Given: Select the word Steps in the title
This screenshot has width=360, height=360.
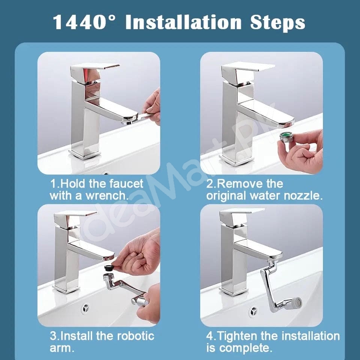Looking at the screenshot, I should click(x=277, y=22).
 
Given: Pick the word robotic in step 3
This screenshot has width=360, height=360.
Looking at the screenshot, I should click(x=133, y=335).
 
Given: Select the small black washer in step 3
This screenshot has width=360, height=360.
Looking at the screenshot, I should click(x=109, y=268).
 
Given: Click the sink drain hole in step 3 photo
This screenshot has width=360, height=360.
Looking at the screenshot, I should click(x=86, y=308).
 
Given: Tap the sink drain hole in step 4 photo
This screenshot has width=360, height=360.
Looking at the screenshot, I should click(x=254, y=311).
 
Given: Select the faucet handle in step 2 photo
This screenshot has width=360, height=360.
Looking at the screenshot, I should click(x=247, y=67).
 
